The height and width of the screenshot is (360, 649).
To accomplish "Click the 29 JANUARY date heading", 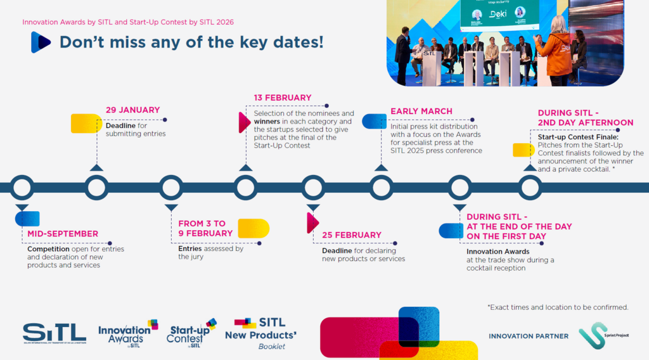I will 132,110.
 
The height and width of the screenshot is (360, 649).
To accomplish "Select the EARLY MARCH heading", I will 421,112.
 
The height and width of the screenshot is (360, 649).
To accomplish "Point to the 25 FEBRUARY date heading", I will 351,235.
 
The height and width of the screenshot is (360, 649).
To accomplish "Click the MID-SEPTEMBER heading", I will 62,234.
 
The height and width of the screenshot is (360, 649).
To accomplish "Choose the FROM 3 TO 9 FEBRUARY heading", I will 205,228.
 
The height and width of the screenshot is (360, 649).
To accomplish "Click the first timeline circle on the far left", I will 22,188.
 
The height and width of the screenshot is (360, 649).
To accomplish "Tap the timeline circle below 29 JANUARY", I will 96,188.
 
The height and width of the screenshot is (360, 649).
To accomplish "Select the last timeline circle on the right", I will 530,188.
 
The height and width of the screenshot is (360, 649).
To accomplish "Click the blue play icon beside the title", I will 41,42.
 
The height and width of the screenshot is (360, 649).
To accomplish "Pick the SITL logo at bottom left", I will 54,333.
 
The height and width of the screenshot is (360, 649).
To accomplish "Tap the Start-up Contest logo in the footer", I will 191,333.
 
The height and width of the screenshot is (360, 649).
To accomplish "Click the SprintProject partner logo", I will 600,335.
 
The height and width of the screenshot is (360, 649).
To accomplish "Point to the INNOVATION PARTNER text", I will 528,336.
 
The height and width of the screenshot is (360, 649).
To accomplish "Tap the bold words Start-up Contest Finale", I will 577,137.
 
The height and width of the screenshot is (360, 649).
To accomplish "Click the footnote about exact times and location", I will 558,307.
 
